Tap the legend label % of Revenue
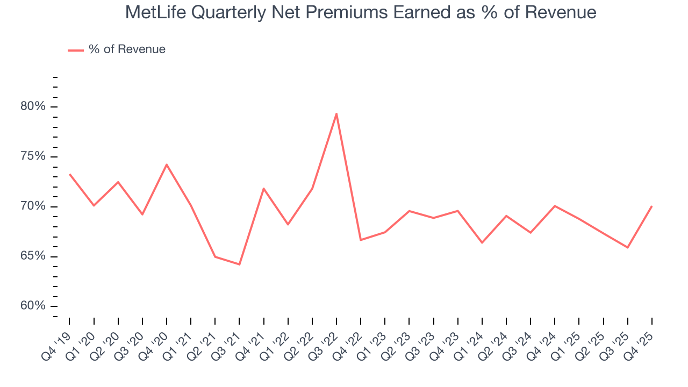127,49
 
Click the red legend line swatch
76,50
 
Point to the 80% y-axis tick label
33,106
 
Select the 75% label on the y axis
33,156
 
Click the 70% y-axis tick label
33,206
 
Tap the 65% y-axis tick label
33,256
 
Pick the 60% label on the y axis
33,306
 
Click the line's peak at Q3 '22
336,113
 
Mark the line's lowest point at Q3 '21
239,264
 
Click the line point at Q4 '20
167,164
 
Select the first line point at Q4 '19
70,174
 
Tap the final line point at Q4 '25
651,206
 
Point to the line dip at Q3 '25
627,247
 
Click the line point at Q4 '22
361,240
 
